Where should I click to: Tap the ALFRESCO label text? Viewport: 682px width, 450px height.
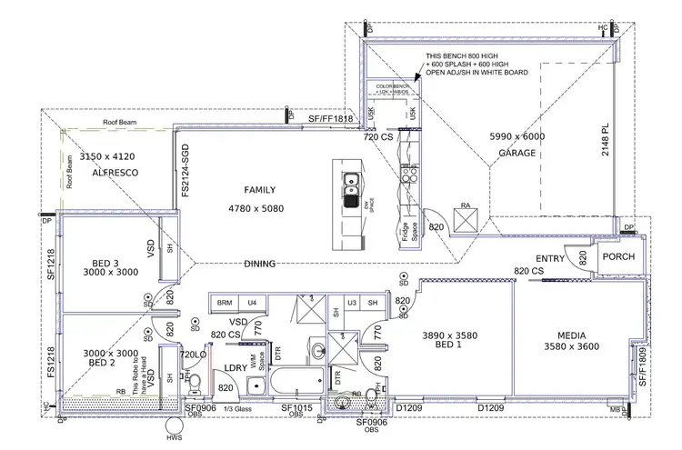pyautogui.click(x=102, y=170)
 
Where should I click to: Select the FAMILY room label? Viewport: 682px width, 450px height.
pyautogui.click(x=259, y=190)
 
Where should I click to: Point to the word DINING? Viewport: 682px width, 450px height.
pyautogui.click(x=260, y=264)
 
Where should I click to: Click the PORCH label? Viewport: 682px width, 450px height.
pyautogui.click(x=618, y=256)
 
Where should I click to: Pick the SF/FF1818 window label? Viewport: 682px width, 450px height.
pyautogui.click(x=329, y=119)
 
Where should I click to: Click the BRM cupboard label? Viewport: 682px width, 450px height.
pyautogui.click(x=224, y=301)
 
